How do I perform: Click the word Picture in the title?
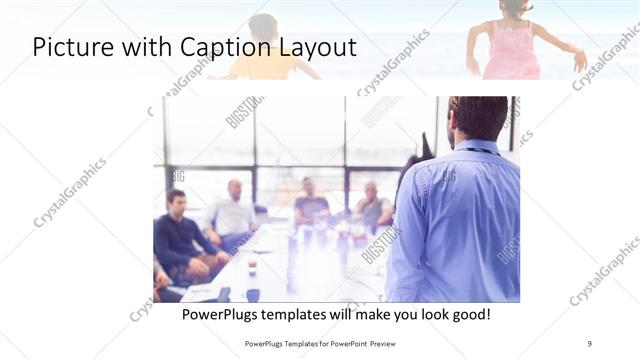coord(69,47)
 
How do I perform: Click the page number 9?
coord(589,344)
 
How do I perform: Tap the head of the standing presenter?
coord(476,117)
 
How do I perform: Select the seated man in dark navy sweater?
coord(179,235)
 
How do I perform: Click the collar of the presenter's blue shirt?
coord(478,147)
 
